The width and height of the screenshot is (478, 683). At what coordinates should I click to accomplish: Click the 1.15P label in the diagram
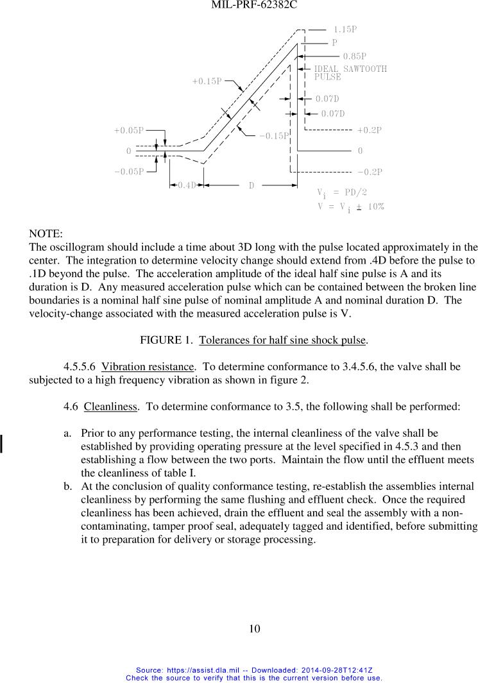[x=345, y=30]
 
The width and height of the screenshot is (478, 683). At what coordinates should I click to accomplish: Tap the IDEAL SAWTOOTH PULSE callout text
[x=350, y=72]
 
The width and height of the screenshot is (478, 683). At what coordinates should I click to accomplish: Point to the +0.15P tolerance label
[x=207, y=81]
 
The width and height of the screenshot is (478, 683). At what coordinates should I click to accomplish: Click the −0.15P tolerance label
[x=274, y=135]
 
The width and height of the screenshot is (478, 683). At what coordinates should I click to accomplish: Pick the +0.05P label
[x=128, y=131]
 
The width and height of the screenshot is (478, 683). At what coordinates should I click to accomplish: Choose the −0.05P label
[x=128, y=171]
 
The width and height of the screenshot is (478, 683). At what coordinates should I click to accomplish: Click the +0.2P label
[x=370, y=130]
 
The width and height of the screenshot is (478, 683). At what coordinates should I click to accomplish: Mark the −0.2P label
[x=370, y=172]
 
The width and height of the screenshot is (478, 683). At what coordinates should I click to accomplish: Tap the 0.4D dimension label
[x=186, y=185]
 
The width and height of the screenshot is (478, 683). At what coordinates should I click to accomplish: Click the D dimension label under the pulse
[x=252, y=185]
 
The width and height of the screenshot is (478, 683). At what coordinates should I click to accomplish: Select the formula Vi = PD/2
[x=342, y=192]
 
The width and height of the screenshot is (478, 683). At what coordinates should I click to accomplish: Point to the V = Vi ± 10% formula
[x=350, y=207]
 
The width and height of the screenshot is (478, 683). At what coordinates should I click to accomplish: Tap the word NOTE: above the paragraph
[x=46, y=234]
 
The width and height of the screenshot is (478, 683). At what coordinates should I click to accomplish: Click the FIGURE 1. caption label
[x=167, y=340]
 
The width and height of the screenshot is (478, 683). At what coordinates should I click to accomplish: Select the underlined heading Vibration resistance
[x=148, y=367]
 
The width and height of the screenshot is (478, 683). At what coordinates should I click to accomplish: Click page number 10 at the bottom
[x=255, y=629]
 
